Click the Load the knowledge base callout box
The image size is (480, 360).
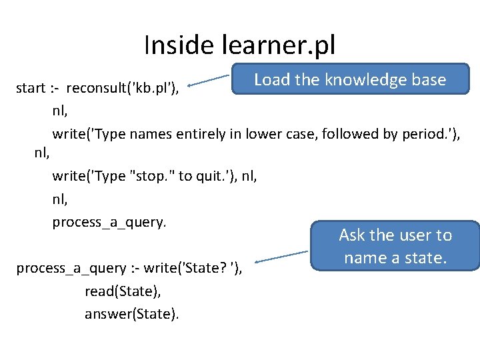click(x=350, y=79)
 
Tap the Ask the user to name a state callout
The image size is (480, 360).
click(x=395, y=245)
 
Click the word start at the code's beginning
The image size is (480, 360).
click(x=31, y=88)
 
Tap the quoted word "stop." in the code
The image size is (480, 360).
click(x=154, y=176)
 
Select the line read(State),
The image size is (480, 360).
click(x=123, y=291)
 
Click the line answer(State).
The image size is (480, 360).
click(x=131, y=314)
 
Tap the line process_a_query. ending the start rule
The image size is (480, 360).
click(x=109, y=222)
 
